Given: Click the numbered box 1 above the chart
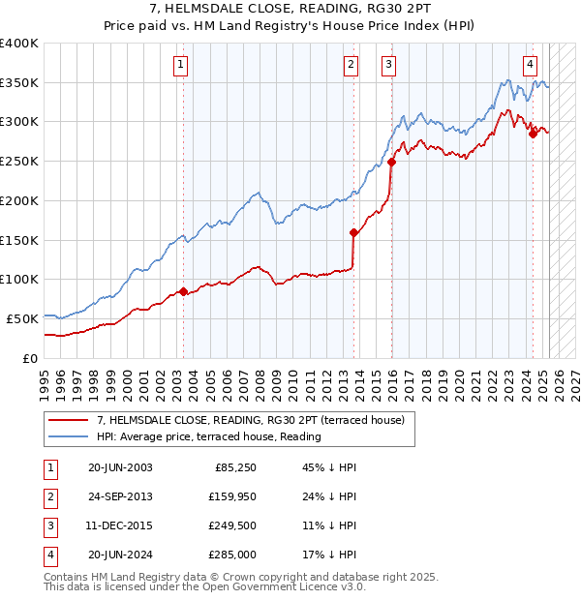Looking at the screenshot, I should click(182, 65).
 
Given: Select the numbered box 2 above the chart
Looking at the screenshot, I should click(351, 65).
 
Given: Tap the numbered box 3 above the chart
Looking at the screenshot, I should click(388, 65).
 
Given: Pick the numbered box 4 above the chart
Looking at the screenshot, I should click(531, 65).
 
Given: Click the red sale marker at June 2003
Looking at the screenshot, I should click(183, 290).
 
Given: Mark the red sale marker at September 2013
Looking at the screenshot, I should click(353, 232).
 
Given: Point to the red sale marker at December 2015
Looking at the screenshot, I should click(391, 163).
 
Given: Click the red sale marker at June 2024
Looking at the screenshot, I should click(533, 135).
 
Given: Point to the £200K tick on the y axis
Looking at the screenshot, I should click(18, 200).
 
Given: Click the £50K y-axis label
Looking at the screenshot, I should click(22, 318).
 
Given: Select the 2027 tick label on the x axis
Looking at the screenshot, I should click(574, 378).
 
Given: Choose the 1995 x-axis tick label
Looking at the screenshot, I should click(45, 378).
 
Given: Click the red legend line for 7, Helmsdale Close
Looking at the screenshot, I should click(68, 420).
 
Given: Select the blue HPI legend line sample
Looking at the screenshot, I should click(68, 436).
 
